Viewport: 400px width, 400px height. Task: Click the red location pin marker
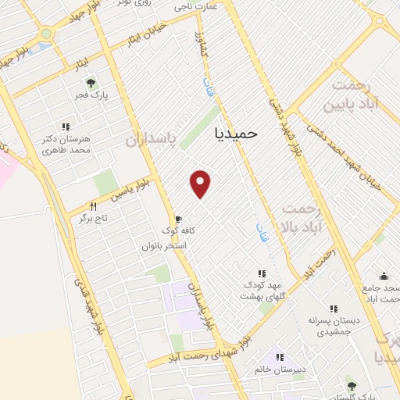coord(202,183)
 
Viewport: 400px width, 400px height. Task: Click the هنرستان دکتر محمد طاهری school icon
coord(66,127)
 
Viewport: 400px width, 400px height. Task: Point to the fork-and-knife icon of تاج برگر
coord(93,206)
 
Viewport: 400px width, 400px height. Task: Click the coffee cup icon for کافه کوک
coord(178,219)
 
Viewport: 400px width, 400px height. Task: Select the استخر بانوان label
coord(163,245)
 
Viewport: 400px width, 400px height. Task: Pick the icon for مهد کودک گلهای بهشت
coord(262,273)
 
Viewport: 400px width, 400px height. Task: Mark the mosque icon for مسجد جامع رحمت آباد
coord(383,277)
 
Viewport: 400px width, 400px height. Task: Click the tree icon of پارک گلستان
coord(351,384)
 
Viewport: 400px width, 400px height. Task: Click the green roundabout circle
coord(47,34)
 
